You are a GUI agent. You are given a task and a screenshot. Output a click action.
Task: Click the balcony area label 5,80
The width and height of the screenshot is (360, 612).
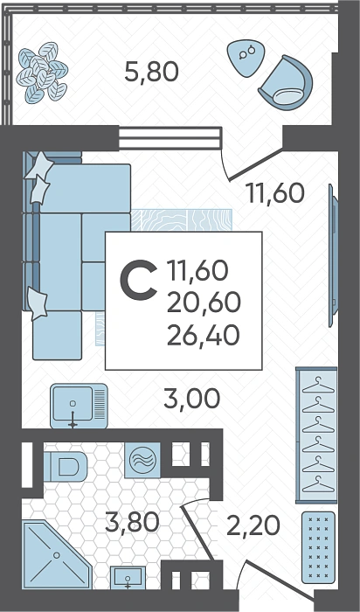[x=151, y=73]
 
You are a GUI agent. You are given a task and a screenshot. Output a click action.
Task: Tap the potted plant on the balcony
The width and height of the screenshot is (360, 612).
[x=42, y=73]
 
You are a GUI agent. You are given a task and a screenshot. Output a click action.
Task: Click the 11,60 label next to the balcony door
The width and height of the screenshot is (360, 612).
[x=276, y=193]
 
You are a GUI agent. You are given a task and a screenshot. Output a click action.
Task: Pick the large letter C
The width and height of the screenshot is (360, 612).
[x=138, y=281]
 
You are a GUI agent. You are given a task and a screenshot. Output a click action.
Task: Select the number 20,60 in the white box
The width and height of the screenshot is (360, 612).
[x=204, y=303]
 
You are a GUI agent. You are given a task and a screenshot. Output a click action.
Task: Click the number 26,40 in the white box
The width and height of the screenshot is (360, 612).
[x=204, y=336]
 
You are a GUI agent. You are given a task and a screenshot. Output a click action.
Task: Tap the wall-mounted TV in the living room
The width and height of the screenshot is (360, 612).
[x=333, y=255]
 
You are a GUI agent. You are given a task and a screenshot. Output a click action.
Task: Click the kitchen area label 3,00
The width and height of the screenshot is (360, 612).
[x=192, y=399]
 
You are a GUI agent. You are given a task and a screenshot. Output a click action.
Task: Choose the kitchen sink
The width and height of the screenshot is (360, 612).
[x=79, y=406]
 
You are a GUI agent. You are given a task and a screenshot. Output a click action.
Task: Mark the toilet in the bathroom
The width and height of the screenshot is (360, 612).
[x=66, y=466]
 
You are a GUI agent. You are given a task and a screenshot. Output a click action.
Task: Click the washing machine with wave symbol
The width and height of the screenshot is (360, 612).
[x=142, y=460]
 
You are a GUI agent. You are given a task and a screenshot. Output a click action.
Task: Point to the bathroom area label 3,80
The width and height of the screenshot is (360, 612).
[x=132, y=523]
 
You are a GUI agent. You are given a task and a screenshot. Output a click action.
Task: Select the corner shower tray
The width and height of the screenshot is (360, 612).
[x=57, y=554]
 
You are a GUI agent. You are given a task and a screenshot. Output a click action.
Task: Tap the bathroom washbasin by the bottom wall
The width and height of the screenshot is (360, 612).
[x=128, y=578]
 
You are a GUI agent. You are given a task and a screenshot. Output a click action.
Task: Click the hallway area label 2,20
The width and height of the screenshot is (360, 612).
[x=253, y=525]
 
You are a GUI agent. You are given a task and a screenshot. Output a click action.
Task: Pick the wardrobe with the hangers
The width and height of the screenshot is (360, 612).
[x=316, y=435]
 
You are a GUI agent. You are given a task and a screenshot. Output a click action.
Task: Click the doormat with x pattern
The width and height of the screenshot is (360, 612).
[x=318, y=547]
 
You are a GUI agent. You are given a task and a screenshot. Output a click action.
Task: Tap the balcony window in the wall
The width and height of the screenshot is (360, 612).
[x=170, y=138]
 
